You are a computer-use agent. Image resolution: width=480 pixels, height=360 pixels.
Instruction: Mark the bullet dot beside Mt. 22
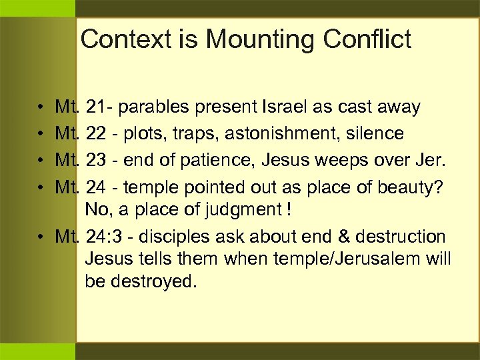click(x=41, y=134)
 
